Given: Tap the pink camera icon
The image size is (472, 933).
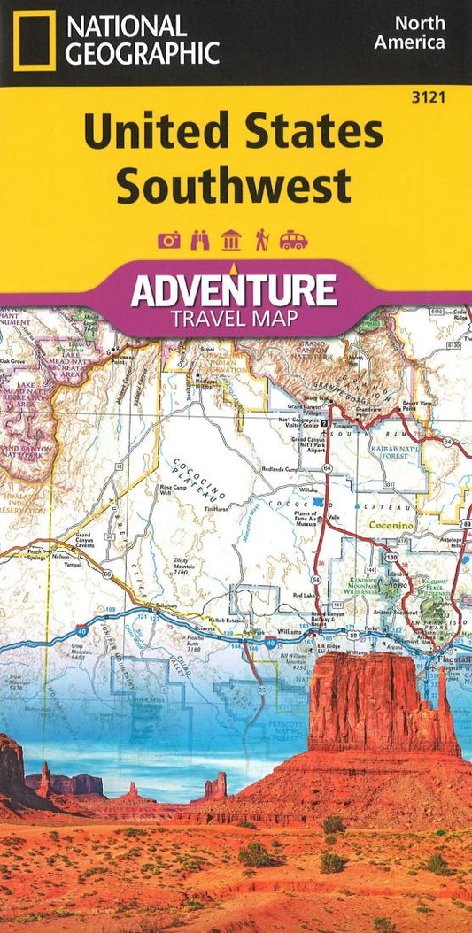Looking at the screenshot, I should pos(168,240).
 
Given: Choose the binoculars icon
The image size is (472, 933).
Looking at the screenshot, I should pos(200,240).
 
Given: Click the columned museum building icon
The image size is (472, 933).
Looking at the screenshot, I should pos(231,240).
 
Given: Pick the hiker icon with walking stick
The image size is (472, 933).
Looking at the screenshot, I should pos(262,240).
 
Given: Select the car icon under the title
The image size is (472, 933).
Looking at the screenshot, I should pos(294,240).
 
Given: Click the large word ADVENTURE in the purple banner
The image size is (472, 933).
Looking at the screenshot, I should pos(234,289).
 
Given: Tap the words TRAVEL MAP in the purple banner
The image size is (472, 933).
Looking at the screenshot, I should pos(234,317).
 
